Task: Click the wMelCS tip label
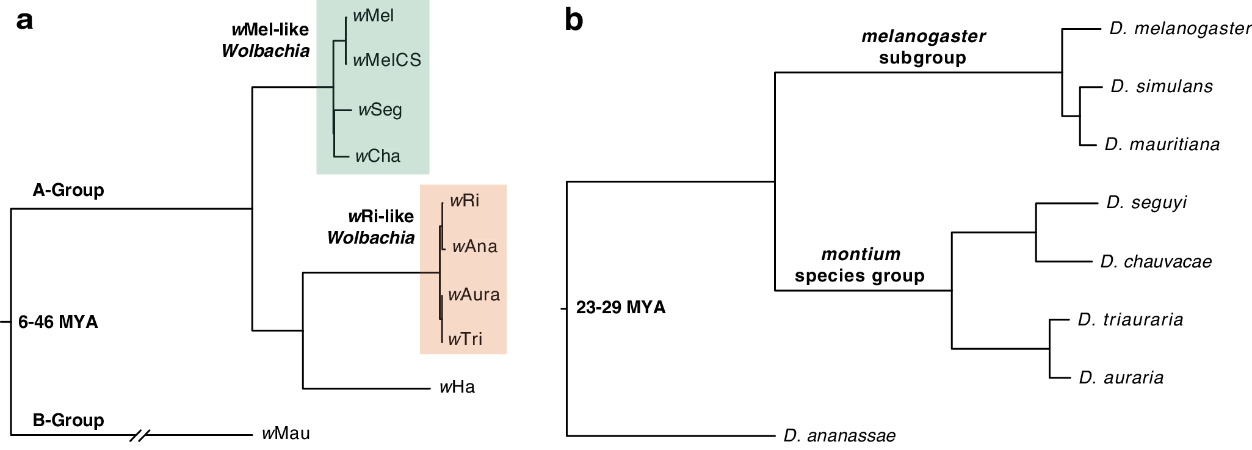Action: [387, 60]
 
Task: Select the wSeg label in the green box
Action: [380, 110]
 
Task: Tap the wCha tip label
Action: [378, 156]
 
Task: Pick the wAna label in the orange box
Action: [474, 247]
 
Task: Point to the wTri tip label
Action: [465, 339]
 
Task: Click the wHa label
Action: [457, 387]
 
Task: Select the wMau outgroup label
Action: [286, 434]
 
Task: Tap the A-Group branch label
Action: [68, 191]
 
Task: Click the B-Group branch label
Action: [68, 421]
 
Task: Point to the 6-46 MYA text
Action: [58, 322]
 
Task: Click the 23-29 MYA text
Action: [621, 307]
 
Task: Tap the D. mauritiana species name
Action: [1162, 145]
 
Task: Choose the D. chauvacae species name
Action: [1156, 262]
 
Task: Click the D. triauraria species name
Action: [1130, 320]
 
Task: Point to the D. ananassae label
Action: [839, 436]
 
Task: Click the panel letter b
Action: [574, 21]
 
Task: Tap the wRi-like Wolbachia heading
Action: [371, 227]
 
